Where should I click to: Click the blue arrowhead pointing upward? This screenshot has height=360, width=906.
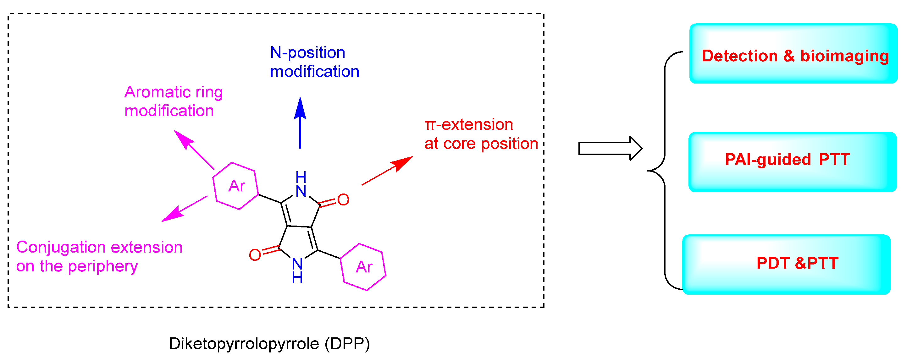coord(300,109)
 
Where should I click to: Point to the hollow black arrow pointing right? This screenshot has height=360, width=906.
coord(610,148)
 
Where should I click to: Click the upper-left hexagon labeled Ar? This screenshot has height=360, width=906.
coord(236,186)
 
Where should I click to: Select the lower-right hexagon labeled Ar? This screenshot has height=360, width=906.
coord(363,267)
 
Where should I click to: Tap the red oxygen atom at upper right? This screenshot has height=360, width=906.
coord(343,200)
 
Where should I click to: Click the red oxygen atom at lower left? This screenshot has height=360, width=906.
coord(255,254)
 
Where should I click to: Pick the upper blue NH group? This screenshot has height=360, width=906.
coord(301,185)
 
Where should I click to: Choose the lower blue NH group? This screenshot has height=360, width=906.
coord(297,270)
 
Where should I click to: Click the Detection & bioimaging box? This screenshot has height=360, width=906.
coord(793,54)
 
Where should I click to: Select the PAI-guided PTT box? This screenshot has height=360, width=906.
coord(792,162)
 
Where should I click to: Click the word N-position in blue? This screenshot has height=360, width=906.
coord(308,53)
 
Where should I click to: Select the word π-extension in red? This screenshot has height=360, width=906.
coord(468,125)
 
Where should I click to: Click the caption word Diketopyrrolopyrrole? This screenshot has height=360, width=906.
coord(244,343)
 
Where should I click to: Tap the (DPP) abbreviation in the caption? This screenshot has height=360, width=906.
coord(347,343)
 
